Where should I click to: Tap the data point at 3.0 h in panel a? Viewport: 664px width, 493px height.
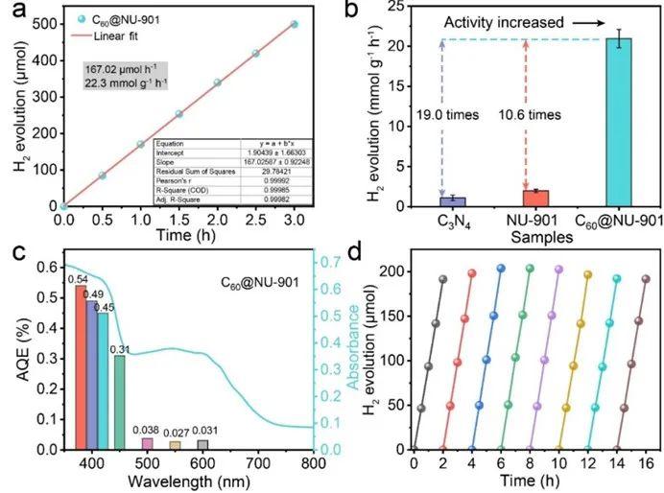(294, 24)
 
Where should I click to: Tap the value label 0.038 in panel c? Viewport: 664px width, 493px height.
(147, 431)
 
